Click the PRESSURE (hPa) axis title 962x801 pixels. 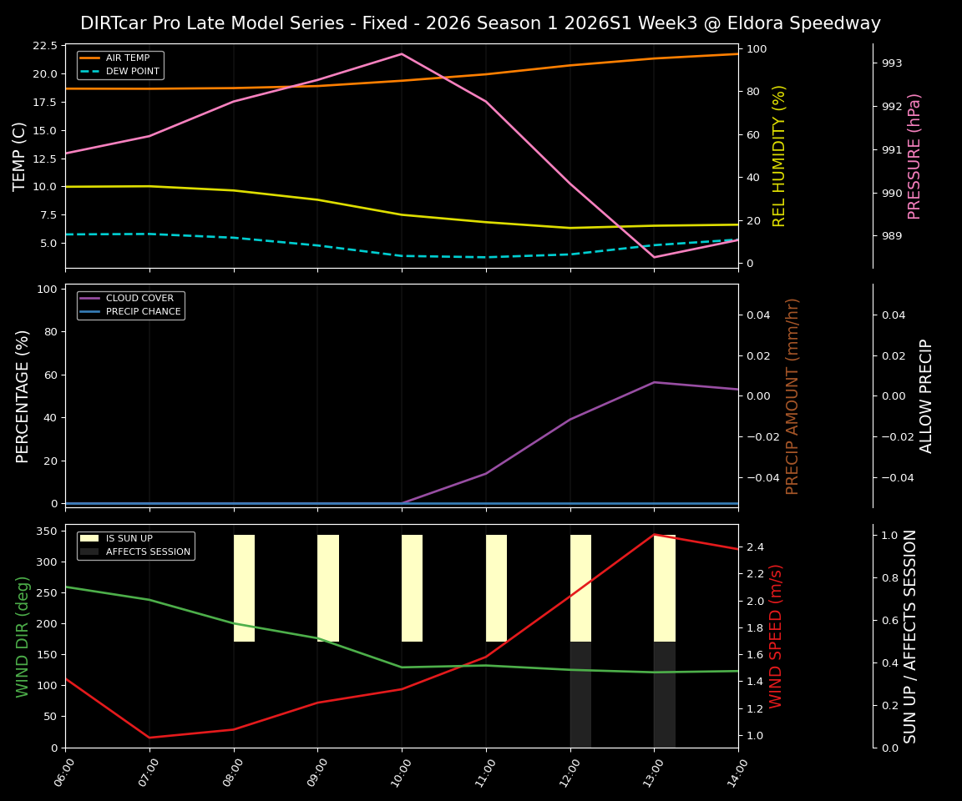pos(914,156)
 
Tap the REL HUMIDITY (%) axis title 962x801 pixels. pos(779,156)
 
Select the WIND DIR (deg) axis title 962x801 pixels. pos(23,636)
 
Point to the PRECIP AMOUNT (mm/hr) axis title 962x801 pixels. pos(792,395)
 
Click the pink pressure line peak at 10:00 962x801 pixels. pos(402,54)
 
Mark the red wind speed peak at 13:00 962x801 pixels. pos(654,535)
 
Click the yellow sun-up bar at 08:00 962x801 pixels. pos(244,588)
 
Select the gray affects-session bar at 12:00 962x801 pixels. pos(580,694)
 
